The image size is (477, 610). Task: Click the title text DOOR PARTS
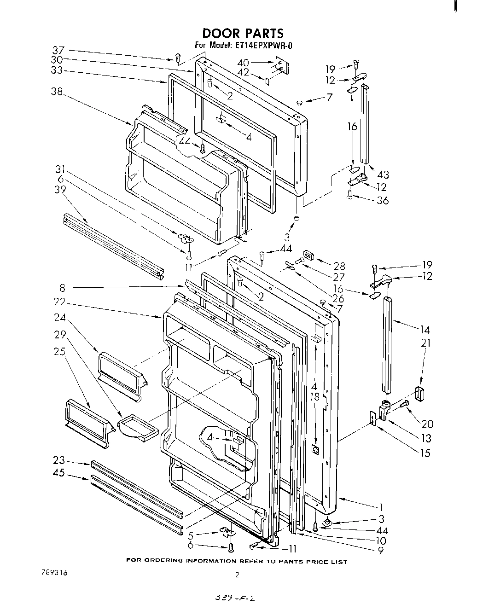pos(243,33)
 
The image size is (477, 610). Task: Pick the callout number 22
pos(59,302)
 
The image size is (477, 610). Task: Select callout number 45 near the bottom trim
pos(59,472)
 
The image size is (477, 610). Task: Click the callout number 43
pos(383,174)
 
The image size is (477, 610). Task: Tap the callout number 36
pos(382,200)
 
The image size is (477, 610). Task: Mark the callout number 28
pos(339,267)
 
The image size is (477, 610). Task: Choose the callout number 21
pos(426,343)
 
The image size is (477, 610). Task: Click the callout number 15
pos(425,453)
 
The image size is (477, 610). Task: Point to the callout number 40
pos(243,63)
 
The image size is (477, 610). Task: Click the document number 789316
pos(54,573)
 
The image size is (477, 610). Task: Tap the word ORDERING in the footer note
pos(170,561)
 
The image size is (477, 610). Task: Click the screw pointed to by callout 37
pos(177,58)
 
